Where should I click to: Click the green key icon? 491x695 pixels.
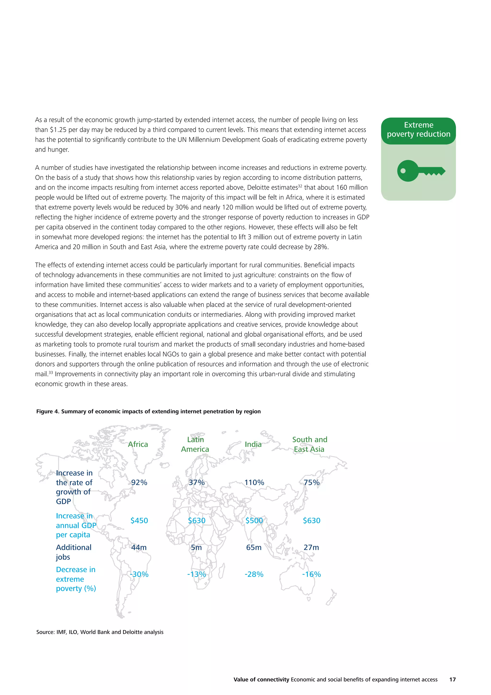[x=421, y=171]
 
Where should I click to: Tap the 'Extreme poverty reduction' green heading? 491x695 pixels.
[x=418, y=130]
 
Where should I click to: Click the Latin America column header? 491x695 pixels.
[x=195, y=444]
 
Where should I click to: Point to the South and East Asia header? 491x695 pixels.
[x=310, y=444]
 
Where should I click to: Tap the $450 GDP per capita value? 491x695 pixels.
[x=139, y=520]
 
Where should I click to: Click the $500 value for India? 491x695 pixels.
[x=254, y=520]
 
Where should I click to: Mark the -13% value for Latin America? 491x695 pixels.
[x=197, y=574]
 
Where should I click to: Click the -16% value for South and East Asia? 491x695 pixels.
[x=311, y=574]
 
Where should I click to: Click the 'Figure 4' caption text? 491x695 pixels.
[x=148, y=411]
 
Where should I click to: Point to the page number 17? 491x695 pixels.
[x=452, y=680]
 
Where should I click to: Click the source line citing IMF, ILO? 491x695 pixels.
[x=100, y=632]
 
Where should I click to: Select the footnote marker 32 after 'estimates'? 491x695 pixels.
[x=300, y=186]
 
